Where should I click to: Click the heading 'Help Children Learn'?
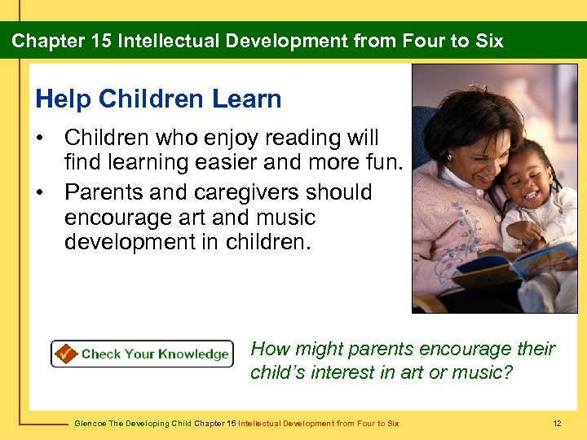click(158, 99)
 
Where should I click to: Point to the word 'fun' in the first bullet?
click(383, 163)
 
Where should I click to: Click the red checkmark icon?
click(65, 354)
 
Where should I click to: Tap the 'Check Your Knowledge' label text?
click(155, 354)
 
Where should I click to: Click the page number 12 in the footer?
click(557, 423)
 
